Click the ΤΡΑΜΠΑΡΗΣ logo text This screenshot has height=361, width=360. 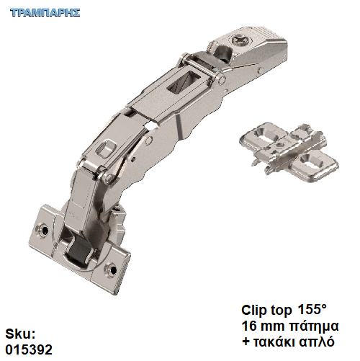45,12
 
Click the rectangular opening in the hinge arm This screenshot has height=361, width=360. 183,81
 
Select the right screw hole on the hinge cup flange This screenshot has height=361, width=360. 111,269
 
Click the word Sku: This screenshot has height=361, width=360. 20,334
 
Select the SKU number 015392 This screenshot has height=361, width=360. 29,349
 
